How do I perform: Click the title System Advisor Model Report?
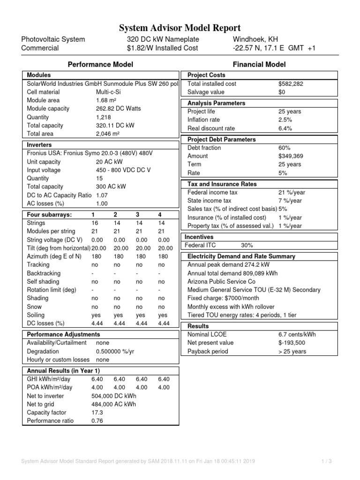(180, 28)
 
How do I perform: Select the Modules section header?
(39, 75)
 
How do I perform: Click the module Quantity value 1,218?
(104, 117)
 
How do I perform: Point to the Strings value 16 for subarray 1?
(95, 223)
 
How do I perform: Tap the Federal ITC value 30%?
(247, 245)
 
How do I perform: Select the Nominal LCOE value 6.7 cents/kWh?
(299, 335)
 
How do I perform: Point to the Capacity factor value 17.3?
(97, 412)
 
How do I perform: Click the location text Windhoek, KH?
(253, 39)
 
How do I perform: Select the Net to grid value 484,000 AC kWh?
(113, 404)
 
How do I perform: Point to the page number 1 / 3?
(327, 462)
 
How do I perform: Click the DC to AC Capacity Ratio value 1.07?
(102, 195)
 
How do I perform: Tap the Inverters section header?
(39, 145)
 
